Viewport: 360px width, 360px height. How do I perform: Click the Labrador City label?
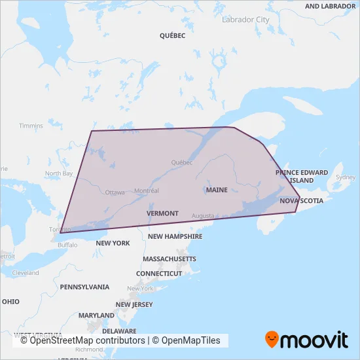[x=245, y=20]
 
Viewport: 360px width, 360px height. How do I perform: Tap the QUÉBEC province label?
[x=172, y=36]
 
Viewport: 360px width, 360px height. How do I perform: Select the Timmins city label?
[x=31, y=126]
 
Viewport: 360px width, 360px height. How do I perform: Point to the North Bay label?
[x=58, y=173]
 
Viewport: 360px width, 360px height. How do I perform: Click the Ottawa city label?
[x=115, y=192]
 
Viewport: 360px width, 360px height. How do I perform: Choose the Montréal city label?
[x=146, y=190]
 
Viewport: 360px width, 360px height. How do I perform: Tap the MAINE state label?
[x=217, y=190]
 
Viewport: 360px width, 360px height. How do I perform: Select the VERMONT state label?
[x=162, y=213]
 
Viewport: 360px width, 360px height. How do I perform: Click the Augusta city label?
[x=203, y=216]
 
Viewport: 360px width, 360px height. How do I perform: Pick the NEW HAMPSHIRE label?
[x=173, y=236]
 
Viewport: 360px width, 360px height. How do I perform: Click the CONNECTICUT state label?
[x=158, y=273]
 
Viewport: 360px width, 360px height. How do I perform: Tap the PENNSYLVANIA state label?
[x=84, y=287]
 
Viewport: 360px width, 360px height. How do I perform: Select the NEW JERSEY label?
[x=134, y=304]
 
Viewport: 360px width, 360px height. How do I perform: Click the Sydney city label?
[x=345, y=177]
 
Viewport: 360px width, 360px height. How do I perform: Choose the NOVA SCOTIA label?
[x=301, y=201]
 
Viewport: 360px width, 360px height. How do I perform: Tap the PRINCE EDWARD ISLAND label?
[x=302, y=176]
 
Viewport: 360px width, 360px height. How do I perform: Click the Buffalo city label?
[x=67, y=245]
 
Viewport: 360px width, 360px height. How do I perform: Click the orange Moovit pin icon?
[x=272, y=339]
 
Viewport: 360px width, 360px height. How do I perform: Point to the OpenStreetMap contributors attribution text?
[x=82, y=340]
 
